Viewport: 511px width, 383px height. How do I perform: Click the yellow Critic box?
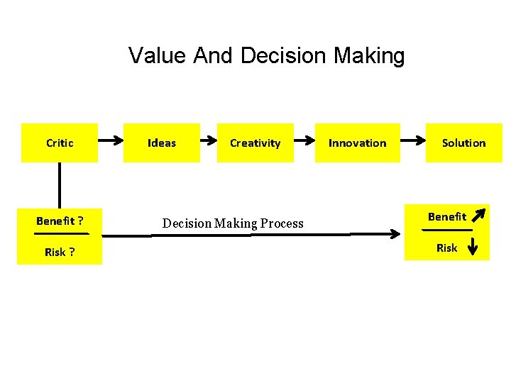click(60, 143)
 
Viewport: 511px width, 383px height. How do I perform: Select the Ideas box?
click(161, 143)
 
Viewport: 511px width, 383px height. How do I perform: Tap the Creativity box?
click(255, 143)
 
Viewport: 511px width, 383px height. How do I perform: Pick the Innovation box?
click(357, 143)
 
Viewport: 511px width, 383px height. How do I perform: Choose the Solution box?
click(463, 143)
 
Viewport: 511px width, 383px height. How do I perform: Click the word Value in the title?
click(158, 55)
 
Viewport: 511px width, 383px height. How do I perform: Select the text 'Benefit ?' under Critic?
click(60, 221)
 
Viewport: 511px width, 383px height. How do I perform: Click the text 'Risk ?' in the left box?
click(60, 252)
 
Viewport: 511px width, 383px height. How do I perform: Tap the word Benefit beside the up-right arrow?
click(447, 216)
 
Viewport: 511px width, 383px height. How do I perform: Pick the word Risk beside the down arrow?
click(447, 248)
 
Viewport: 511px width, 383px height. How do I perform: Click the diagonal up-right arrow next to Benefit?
click(479, 213)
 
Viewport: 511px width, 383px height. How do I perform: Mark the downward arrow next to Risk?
click(474, 245)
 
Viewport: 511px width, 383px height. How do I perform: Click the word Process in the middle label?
click(281, 223)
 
